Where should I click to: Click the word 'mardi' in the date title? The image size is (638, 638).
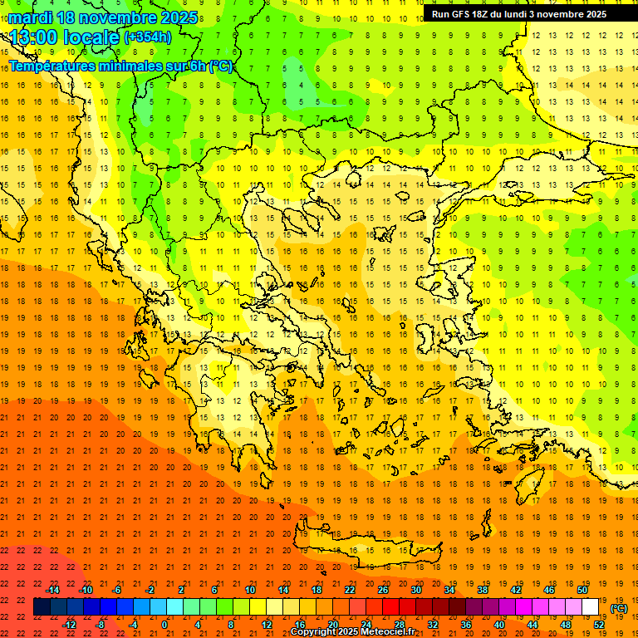[30, 17]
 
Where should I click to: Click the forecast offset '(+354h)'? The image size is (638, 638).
[148, 37]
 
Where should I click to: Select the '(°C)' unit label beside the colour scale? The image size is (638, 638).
[619, 608]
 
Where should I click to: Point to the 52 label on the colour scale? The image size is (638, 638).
[599, 625]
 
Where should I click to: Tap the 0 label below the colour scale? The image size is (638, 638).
[164, 625]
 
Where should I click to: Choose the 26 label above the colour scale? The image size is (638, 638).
[383, 590]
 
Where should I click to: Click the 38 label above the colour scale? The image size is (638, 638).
[483, 590]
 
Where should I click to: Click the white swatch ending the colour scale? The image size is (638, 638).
[591, 607]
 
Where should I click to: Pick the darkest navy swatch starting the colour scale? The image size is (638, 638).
[42, 607]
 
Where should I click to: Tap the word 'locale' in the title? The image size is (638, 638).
[91, 37]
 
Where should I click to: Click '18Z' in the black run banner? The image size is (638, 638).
[488, 14]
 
